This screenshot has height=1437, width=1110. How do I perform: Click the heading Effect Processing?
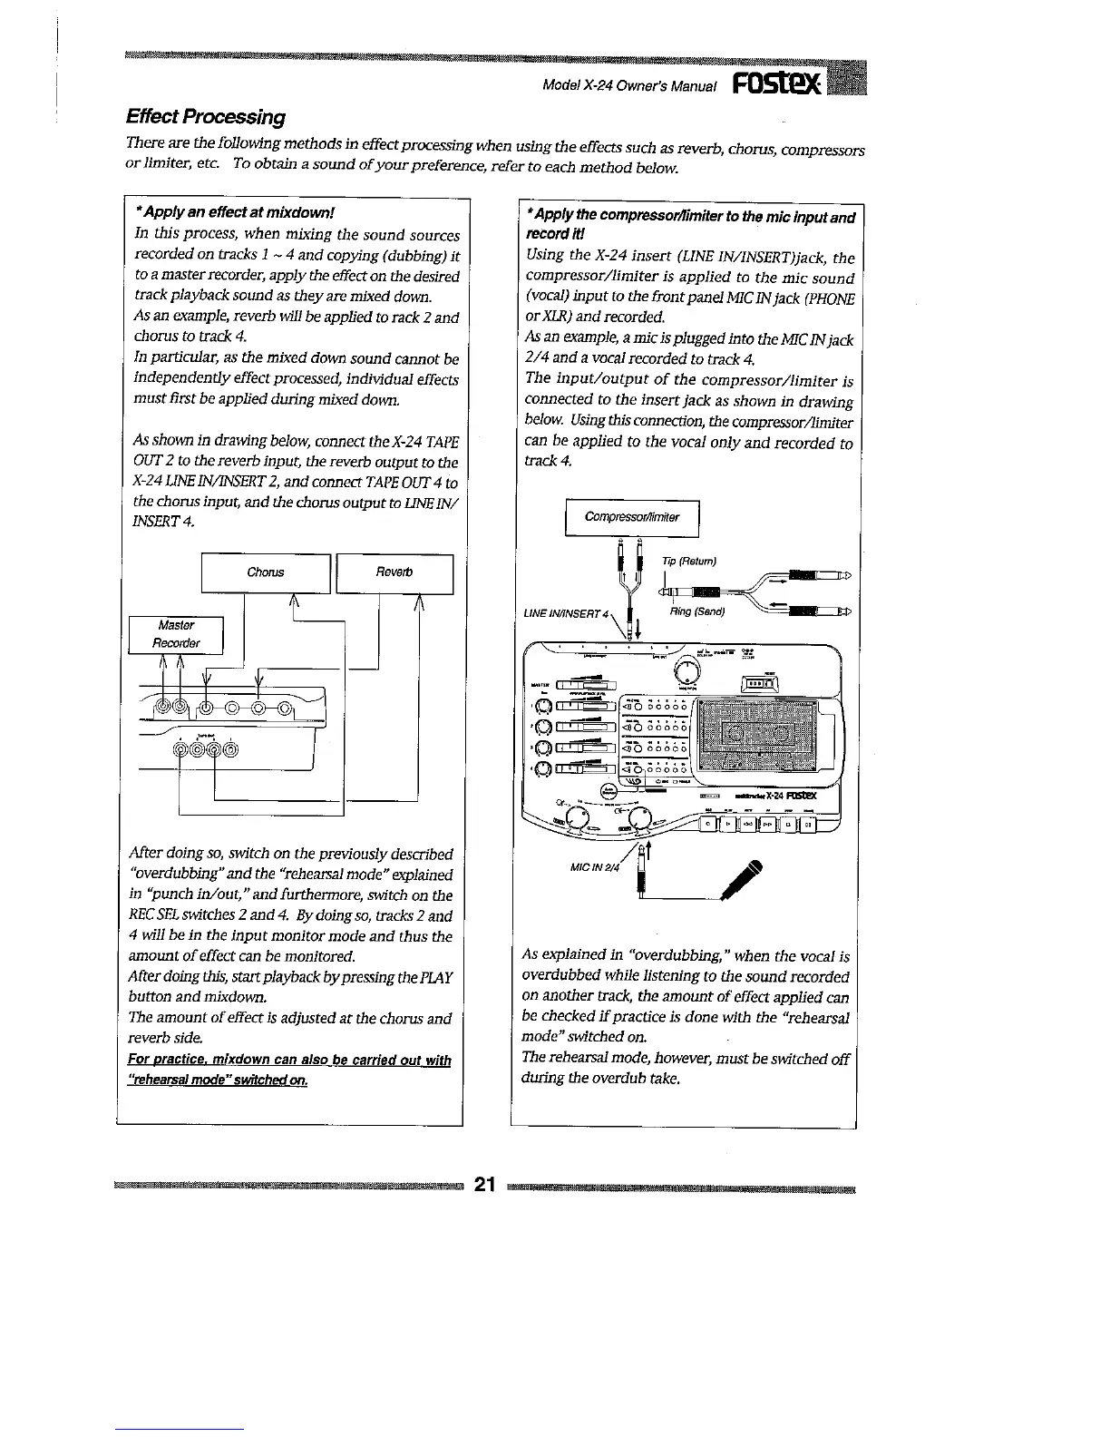205,116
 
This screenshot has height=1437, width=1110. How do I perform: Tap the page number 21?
485,1184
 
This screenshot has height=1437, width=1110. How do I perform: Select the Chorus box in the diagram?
266,572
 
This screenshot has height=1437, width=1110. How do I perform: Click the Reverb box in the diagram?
394,572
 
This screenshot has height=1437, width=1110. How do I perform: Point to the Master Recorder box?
176,634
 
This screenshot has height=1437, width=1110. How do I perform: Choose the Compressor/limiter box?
632,517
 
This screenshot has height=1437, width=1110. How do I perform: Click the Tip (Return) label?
689,561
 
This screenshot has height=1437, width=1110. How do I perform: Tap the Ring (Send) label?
696,611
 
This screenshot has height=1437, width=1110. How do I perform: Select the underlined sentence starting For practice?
290,1069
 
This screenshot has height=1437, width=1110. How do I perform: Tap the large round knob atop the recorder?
688,669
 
